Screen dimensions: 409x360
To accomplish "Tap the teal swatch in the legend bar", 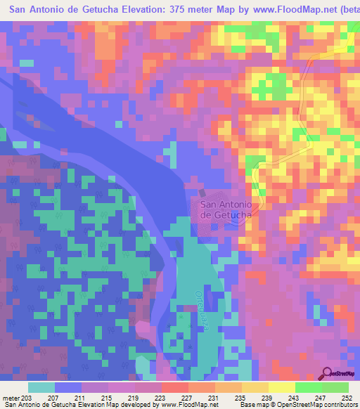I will [x=41, y=387].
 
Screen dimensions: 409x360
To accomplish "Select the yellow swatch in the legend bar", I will [x=281, y=387].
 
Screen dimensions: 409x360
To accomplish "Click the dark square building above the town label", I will [x=203, y=193].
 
